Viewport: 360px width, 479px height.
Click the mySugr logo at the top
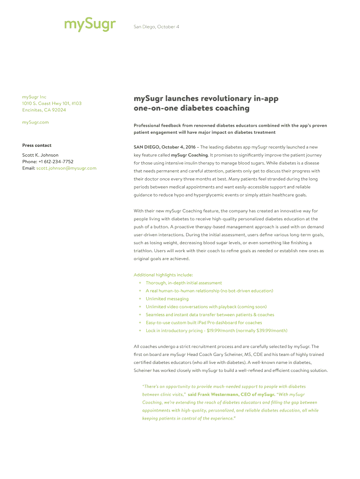pos(90,24)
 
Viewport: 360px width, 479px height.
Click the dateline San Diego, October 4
pos(156,27)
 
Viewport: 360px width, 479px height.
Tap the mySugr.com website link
pos(36,122)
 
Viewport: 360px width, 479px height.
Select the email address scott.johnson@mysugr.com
pos(66,168)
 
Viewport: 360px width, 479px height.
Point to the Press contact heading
pos(37,145)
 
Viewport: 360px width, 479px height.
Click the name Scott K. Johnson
pos(41,155)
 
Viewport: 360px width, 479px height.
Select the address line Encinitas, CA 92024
pos(44,110)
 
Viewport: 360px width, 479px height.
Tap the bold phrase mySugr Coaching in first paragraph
pos(189,155)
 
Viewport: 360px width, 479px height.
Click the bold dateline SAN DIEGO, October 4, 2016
pos(165,147)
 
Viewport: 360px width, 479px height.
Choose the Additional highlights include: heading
pos(163,275)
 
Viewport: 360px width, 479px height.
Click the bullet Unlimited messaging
pos(167,298)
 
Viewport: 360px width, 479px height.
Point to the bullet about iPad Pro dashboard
pos(203,322)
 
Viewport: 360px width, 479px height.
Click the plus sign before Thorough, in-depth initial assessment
pos(140,283)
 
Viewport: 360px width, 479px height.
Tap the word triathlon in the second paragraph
pos(143,251)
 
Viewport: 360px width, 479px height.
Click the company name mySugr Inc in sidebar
pos(34,97)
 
